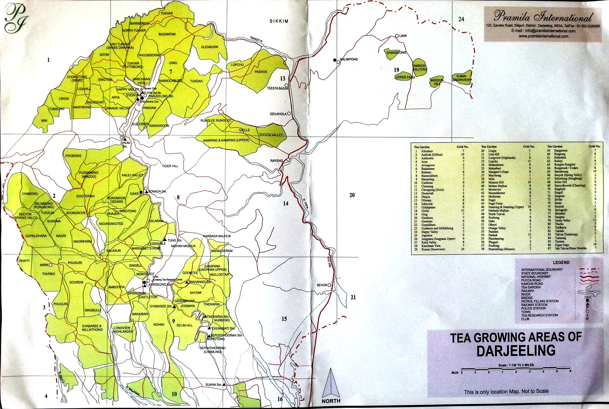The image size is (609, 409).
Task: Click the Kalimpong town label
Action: click(x=349, y=59)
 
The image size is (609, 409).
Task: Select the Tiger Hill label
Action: click(x=170, y=166)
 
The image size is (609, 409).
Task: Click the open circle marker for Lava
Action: click(x=397, y=36)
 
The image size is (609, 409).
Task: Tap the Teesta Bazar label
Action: click(x=277, y=88)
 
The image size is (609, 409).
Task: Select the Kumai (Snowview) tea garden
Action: click(x=462, y=78)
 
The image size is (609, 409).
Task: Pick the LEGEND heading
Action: click(x=561, y=262)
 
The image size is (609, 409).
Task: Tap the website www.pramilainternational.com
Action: click(x=543, y=36)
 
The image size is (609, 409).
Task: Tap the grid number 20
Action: click(x=352, y=195)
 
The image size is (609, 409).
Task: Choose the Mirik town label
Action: click(x=44, y=265)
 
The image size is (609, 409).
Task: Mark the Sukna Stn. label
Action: click(x=214, y=385)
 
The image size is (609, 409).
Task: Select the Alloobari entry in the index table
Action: click(x=427, y=151)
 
